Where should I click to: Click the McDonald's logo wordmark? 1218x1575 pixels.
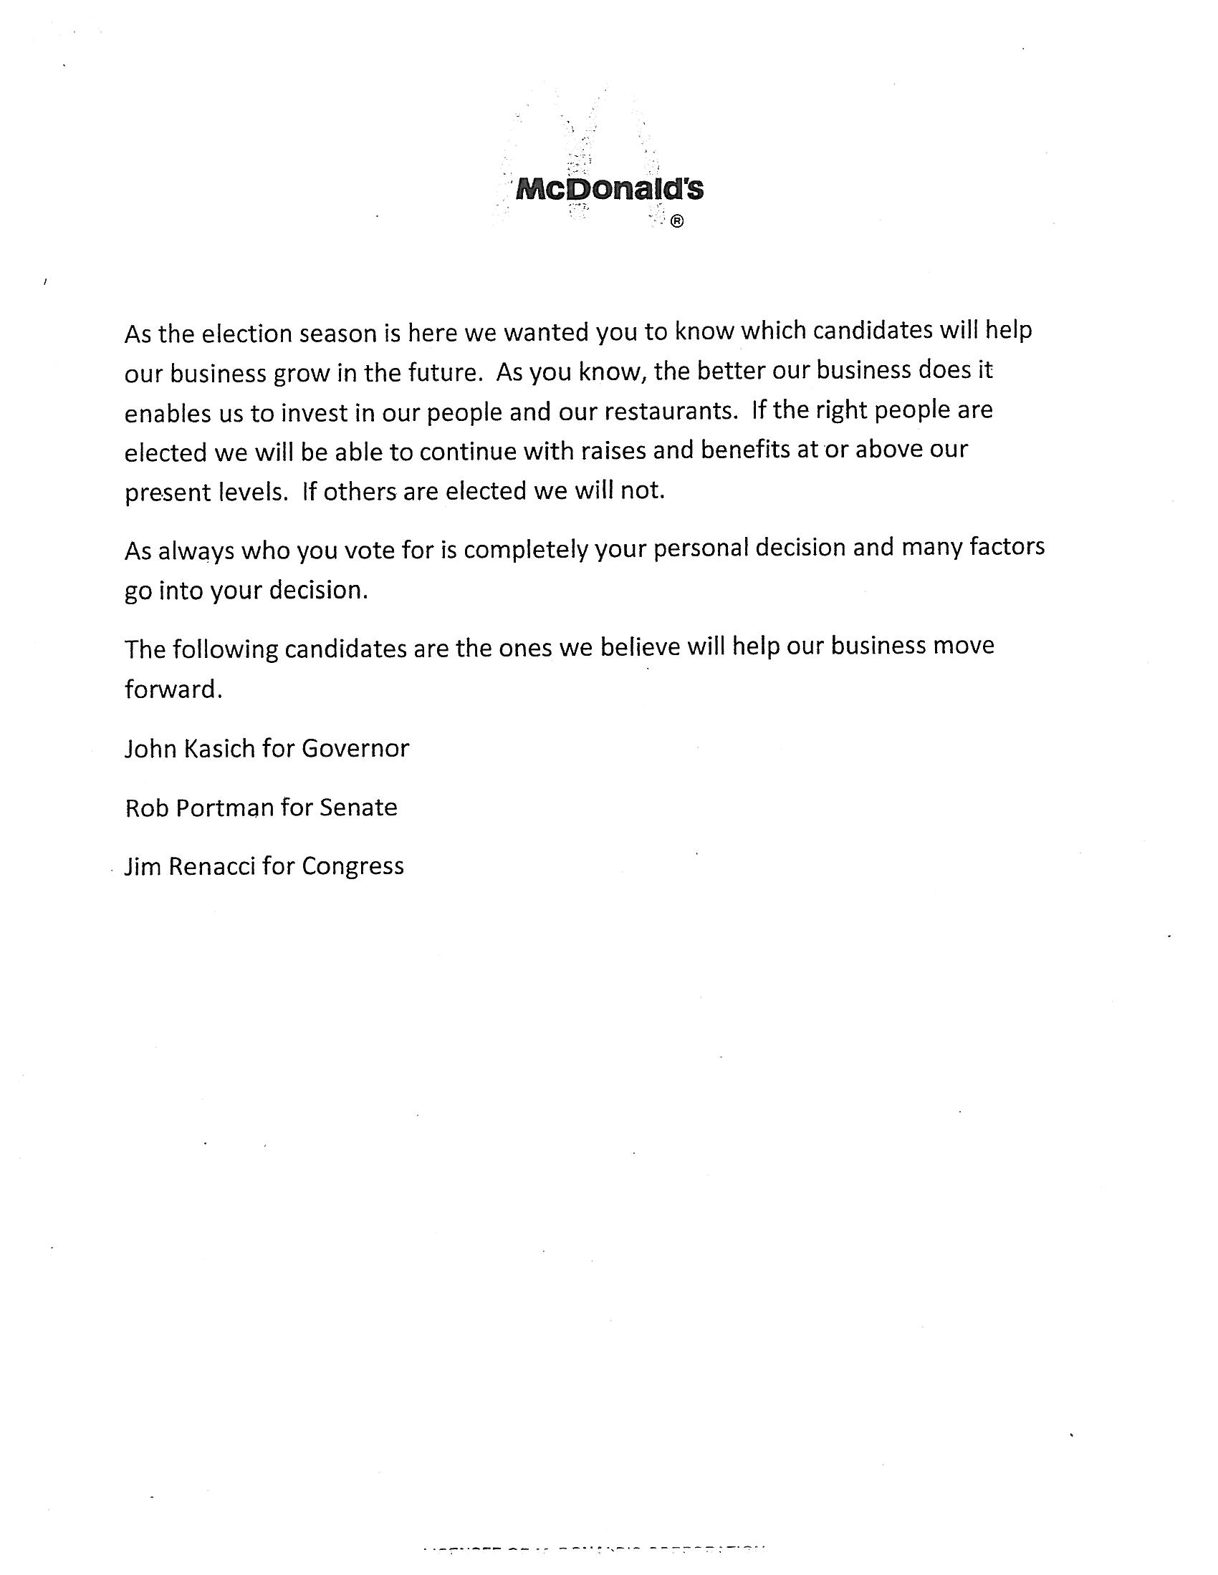point(610,190)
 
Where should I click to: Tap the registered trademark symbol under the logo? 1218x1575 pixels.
point(677,222)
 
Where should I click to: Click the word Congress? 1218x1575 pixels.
point(353,866)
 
